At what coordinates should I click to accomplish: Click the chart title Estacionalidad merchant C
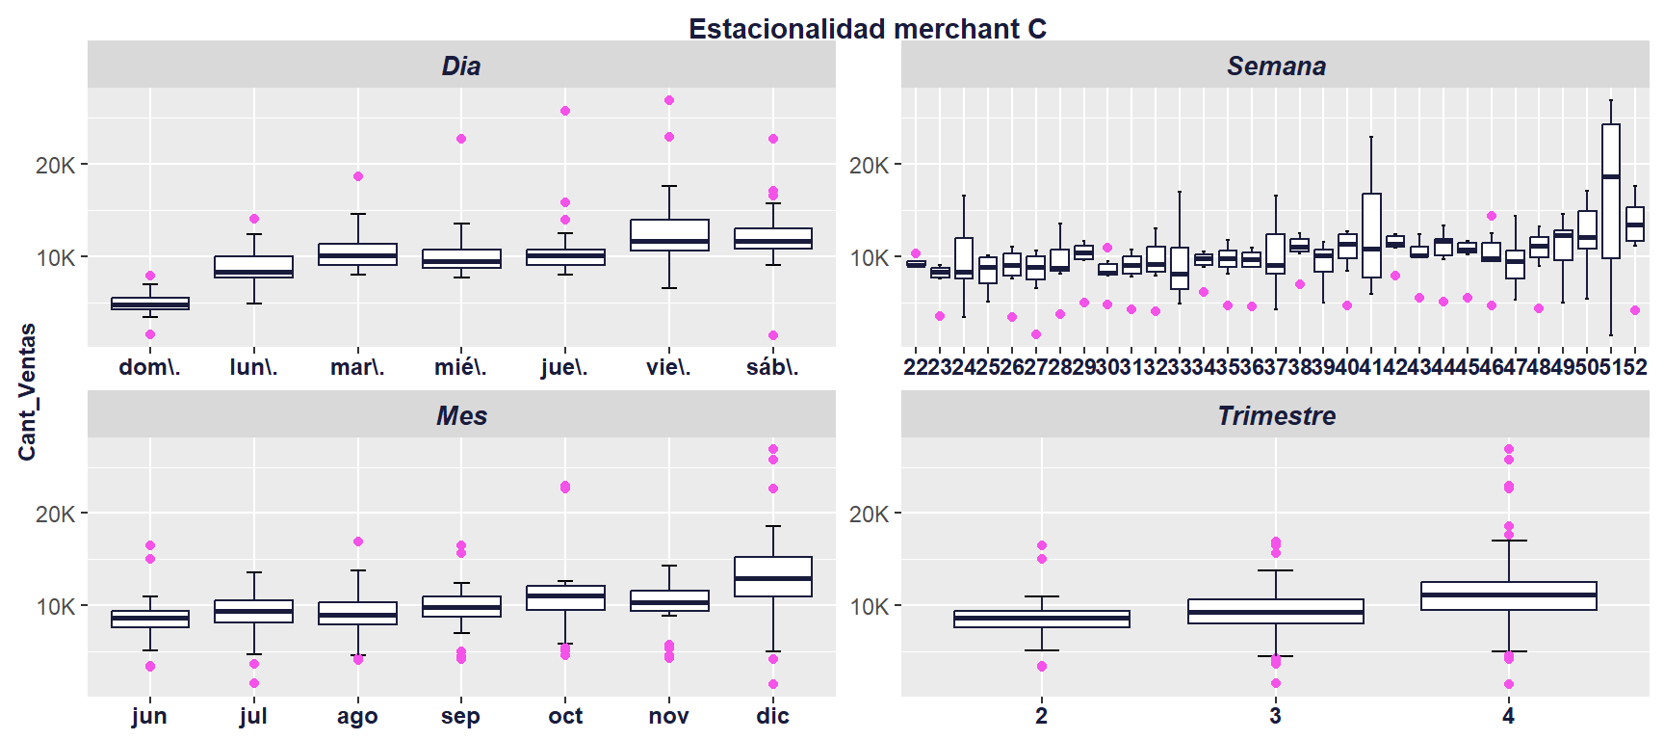(x=867, y=29)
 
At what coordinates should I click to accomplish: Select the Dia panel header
(x=461, y=66)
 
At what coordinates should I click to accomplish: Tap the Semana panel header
(x=1275, y=66)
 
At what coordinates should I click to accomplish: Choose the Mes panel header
(x=461, y=415)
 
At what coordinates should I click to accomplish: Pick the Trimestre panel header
(x=1275, y=415)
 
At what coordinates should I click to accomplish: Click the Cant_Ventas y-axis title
(x=27, y=391)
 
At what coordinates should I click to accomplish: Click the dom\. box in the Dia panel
(x=150, y=304)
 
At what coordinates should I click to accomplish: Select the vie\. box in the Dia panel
(x=669, y=235)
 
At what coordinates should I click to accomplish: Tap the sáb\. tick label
(x=772, y=367)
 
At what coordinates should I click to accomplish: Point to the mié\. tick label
(x=460, y=367)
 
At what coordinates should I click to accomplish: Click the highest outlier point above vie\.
(x=669, y=100)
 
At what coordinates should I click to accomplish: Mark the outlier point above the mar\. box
(x=358, y=176)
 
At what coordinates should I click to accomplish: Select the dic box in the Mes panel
(x=773, y=576)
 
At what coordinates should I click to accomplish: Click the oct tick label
(x=565, y=716)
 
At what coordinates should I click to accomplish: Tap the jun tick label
(x=149, y=716)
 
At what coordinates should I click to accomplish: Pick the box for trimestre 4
(x=1508, y=595)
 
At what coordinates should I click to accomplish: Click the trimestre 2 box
(x=1042, y=619)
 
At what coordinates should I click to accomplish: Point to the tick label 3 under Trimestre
(x=1275, y=716)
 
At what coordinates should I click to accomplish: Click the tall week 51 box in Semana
(x=1611, y=191)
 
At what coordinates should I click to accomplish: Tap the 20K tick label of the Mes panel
(x=55, y=515)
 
